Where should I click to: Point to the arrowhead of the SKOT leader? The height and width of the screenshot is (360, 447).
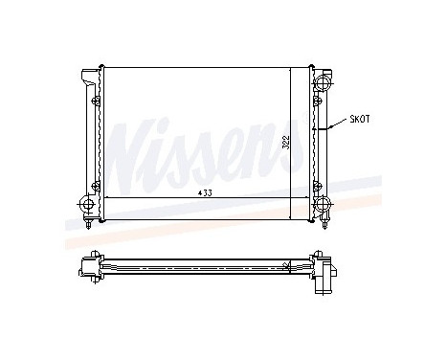click(328, 126)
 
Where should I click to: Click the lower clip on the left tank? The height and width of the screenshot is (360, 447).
click(96, 184)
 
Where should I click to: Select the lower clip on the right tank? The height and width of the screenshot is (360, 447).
click(314, 184)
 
